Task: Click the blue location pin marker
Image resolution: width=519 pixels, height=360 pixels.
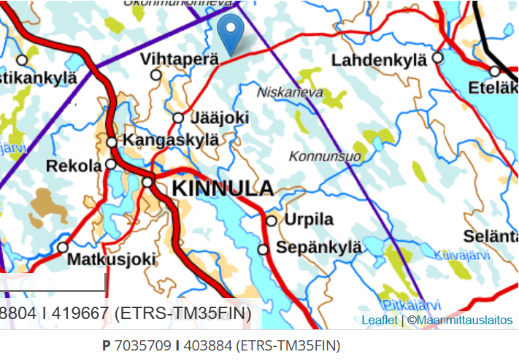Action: [231, 33]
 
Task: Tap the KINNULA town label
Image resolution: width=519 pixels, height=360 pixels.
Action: [223, 188]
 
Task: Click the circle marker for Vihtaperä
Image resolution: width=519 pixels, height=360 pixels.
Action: [155, 74]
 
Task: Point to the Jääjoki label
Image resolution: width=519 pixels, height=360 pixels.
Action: [219, 118]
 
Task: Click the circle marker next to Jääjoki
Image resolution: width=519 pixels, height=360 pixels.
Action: [178, 118]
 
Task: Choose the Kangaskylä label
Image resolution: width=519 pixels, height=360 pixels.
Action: [170, 139]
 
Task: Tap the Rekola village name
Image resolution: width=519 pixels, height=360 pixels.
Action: [74, 166]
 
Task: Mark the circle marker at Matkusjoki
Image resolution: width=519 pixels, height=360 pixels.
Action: [63, 248]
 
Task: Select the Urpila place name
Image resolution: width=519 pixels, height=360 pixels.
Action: [309, 220]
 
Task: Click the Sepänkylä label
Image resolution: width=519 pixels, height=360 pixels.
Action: [319, 248]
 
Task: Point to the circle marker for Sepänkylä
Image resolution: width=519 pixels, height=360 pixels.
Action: [264, 250]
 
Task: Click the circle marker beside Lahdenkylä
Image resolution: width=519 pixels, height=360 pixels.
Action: [437, 57]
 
